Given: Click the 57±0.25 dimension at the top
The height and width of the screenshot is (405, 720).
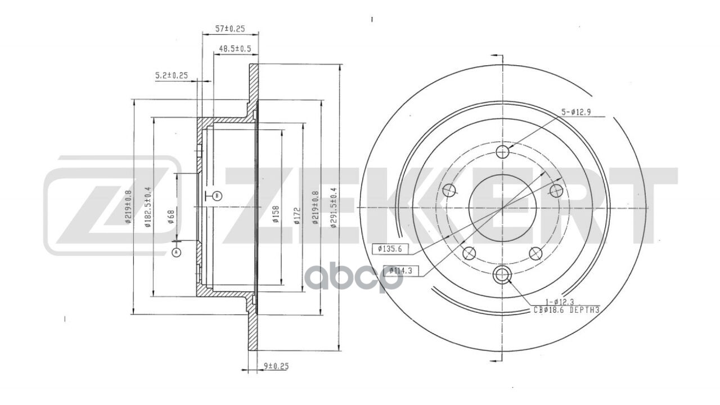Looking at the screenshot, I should [230, 29].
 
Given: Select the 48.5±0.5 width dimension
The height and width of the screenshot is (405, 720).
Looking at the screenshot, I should [232, 49].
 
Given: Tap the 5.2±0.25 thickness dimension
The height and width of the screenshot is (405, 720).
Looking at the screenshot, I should [171, 75].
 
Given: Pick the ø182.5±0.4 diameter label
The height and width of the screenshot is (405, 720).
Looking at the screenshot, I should [148, 206].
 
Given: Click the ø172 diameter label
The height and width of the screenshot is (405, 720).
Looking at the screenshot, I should [296, 215].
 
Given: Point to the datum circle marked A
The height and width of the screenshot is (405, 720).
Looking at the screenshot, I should [176, 253].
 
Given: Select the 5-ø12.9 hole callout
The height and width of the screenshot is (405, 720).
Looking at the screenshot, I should [575, 112].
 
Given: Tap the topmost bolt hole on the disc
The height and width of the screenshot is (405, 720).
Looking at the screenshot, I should [503, 151].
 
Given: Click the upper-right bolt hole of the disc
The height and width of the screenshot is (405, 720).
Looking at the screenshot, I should [556, 190].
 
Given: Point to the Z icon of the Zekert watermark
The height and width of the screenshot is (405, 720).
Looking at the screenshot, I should [112, 206].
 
